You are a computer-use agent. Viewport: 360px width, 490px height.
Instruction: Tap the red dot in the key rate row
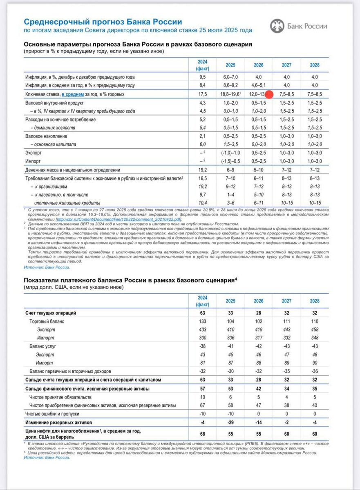(x=269, y=94)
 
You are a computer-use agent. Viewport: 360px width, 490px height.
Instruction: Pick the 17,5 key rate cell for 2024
(x=203, y=94)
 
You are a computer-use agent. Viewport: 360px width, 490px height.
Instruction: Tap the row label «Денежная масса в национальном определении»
(x=72, y=170)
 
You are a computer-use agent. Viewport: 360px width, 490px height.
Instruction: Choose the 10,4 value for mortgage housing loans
(x=203, y=203)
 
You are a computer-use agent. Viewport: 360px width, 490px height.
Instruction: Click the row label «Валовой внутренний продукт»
(x=54, y=103)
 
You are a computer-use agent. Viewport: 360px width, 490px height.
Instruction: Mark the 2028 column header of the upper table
(x=314, y=65)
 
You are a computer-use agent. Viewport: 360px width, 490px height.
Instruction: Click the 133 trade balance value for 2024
(x=203, y=321)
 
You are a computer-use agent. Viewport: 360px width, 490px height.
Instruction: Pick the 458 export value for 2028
(x=314, y=330)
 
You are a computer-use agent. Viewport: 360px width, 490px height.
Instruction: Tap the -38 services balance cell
(x=203, y=346)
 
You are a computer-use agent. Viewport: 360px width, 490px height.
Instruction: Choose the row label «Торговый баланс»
(x=47, y=321)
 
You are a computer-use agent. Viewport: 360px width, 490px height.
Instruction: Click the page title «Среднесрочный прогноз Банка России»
(x=103, y=22)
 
